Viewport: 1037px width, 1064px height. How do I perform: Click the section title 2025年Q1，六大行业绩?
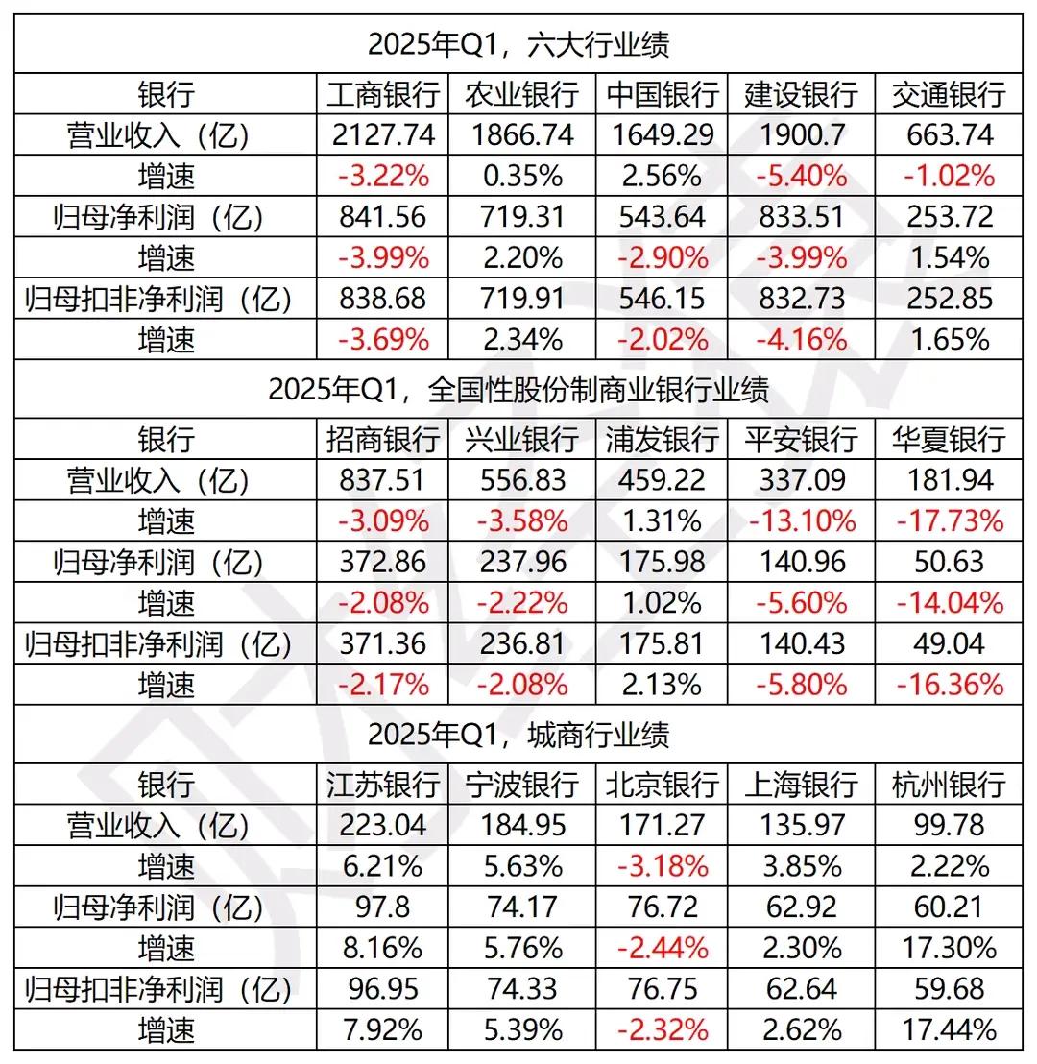pyautogui.click(x=518, y=44)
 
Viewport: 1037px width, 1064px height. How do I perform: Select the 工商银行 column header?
pyautogui.click(x=383, y=94)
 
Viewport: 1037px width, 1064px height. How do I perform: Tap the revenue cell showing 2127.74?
pyautogui.click(x=383, y=135)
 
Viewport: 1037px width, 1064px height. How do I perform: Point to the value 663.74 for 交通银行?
pyautogui.click(x=949, y=135)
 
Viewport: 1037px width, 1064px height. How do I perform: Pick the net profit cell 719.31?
pyautogui.click(x=522, y=218)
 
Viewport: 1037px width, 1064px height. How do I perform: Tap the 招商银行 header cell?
pyautogui.click(x=383, y=440)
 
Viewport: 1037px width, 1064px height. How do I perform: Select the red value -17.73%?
pyautogui.click(x=949, y=521)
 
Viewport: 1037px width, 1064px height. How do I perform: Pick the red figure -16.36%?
pyautogui.click(x=949, y=685)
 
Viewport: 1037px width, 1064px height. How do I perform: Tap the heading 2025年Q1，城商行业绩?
pyautogui.click(x=518, y=736)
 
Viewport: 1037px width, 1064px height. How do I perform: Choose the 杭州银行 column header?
pyautogui.click(x=949, y=785)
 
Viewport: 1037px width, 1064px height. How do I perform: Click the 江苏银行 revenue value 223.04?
pyautogui.click(x=383, y=826)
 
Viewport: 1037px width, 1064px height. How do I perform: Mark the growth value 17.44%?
pyautogui.click(x=949, y=1030)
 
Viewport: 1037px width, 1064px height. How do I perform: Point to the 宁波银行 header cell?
pyautogui.click(x=522, y=785)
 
